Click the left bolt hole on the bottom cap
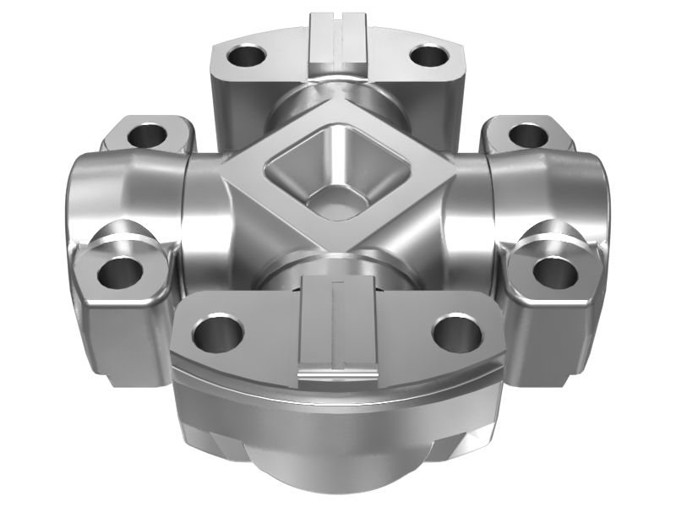(x=213, y=331)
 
